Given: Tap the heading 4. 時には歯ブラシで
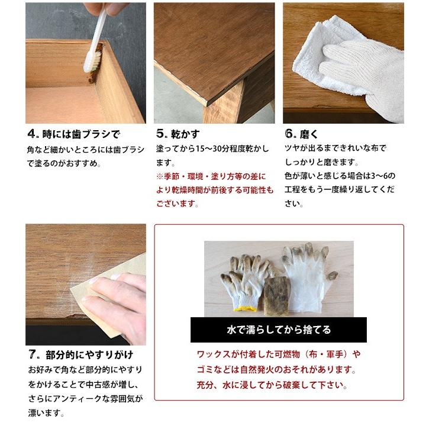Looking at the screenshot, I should [74, 134].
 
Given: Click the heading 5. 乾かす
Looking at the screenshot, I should [178, 134].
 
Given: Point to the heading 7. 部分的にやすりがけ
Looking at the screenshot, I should [80, 355].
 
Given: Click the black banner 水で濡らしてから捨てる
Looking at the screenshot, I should [279, 330].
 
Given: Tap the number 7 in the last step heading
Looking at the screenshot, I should [33, 355].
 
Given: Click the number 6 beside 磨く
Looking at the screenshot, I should [289, 134].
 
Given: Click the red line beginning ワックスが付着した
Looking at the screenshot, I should [278, 355].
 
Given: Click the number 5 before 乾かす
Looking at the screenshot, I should [160, 134].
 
